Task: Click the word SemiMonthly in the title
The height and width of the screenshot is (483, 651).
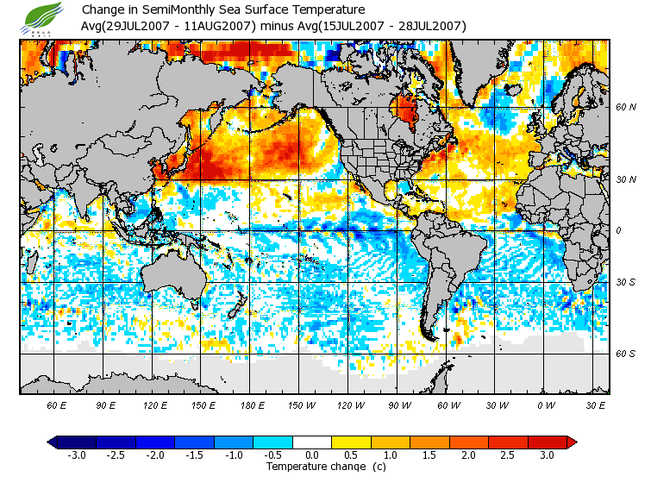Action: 161,10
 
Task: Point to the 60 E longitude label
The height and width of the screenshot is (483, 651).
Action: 57,405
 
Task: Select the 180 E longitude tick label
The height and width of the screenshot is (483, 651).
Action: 252,405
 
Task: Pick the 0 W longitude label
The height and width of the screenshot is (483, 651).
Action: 545,405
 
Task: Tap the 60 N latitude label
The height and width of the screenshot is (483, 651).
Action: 626,107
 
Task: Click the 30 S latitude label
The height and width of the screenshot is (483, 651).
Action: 625,282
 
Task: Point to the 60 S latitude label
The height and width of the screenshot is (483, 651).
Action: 625,354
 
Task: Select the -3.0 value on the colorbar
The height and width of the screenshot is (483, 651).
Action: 76,455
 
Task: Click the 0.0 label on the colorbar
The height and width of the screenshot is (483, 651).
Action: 312,455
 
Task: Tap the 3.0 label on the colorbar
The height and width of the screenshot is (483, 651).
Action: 548,455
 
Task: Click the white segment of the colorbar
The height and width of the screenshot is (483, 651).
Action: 312,442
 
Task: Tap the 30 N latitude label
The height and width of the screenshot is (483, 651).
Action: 626,179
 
